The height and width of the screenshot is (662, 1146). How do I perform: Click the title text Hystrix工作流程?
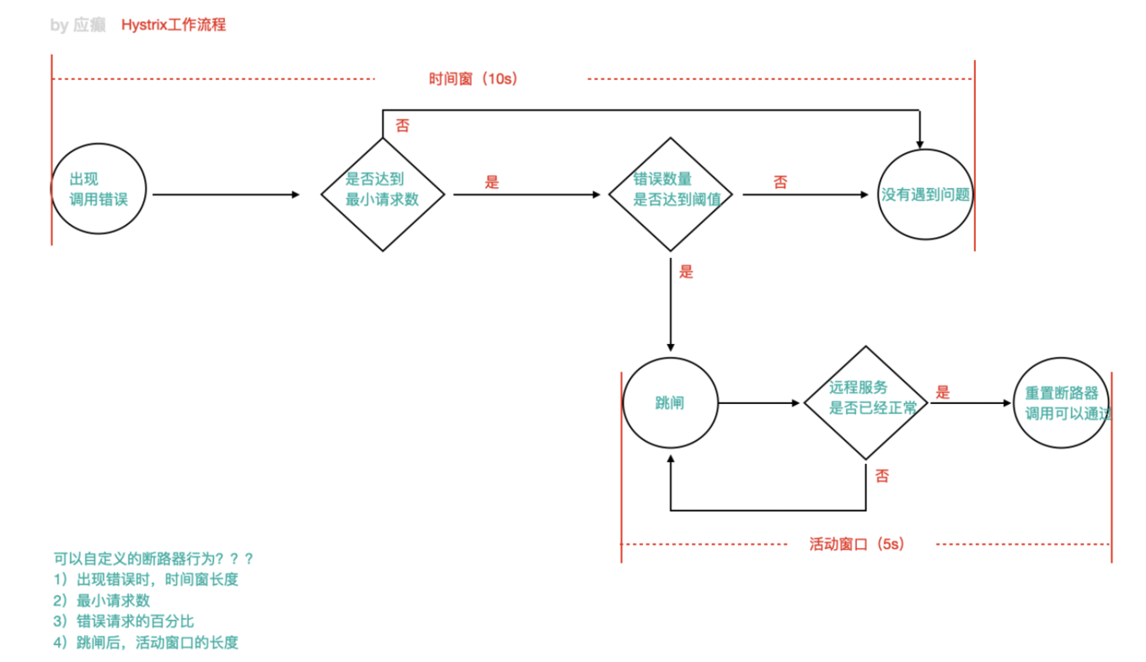(x=174, y=25)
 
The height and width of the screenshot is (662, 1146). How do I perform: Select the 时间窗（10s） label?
(x=473, y=79)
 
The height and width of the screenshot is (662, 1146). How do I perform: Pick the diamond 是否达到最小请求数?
(x=382, y=193)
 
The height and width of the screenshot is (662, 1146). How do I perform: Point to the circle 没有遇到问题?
(x=926, y=194)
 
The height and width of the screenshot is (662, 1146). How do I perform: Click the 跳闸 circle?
(x=670, y=403)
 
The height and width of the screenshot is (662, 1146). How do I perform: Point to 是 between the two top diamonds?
(x=492, y=182)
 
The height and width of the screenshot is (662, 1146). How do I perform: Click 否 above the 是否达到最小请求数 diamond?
(x=403, y=126)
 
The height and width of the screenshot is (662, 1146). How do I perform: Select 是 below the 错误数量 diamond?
(x=687, y=271)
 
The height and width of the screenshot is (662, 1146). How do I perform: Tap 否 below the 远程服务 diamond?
(x=883, y=476)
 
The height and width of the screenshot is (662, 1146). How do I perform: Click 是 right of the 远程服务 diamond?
(x=943, y=392)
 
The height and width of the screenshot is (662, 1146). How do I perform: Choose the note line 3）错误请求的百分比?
(x=124, y=621)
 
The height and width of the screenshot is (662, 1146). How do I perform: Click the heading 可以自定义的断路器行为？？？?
(x=154, y=558)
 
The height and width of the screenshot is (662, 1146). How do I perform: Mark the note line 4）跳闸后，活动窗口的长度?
(x=146, y=641)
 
